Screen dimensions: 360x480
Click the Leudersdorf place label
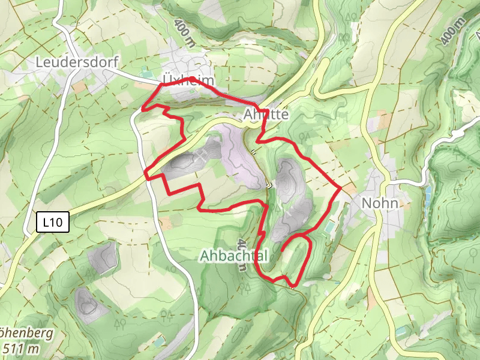tap(77, 62)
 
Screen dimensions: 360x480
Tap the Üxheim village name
tap(188, 80)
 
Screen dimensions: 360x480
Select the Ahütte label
tap(266, 114)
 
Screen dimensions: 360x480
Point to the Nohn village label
tap(380, 203)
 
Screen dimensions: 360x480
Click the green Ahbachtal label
tap(233, 256)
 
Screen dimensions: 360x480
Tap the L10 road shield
tap(53, 223)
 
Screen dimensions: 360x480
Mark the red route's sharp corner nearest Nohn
tap(340, 188)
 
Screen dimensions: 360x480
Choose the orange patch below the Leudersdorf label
tap(79, 87)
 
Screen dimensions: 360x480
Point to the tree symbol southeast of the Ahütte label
tap(305, 136)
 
